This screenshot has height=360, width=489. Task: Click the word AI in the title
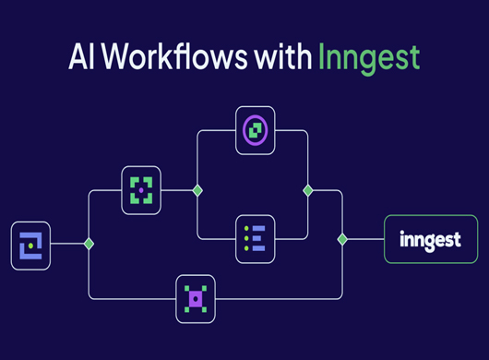(x=81, y=56)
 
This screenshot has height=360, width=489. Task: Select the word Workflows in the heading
(x=176, y=56)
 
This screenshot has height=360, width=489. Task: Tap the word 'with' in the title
(x=282, y=56)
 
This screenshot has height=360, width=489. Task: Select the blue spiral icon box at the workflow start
(x=30, y=245)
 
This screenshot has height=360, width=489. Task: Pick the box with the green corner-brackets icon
(x=140, y=190)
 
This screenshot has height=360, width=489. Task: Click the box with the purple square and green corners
(x=195, y=297)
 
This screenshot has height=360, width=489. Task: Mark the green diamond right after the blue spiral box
(x=89, y=244)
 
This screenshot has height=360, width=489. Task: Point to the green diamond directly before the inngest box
(x=342, y=238)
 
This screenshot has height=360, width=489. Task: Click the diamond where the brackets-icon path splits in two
(x=196, y=190)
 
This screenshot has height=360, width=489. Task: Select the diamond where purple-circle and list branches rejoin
(x=307, y=190)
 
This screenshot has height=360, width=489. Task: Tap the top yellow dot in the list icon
(x=244, y=227)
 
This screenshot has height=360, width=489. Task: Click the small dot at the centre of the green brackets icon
(x=140, y=190)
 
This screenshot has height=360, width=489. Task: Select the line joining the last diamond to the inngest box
(x=365, y=238)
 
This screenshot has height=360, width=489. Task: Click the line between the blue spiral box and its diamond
(x=66, y=244)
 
